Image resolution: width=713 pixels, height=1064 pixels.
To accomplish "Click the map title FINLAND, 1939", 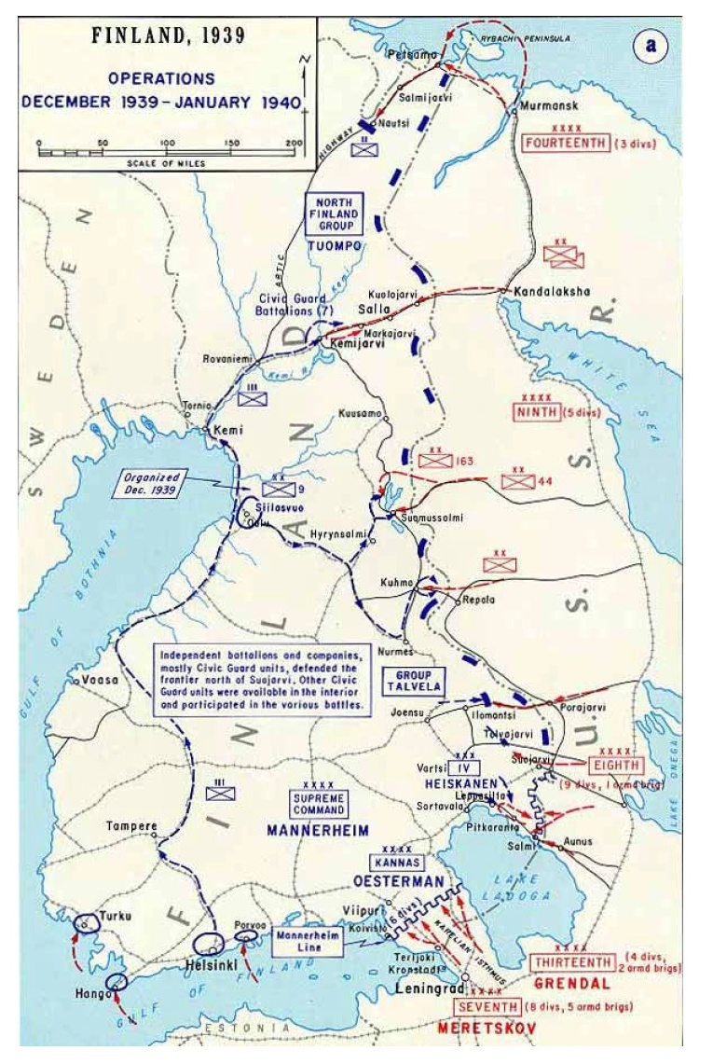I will pyautogui.click(x=168, y=37).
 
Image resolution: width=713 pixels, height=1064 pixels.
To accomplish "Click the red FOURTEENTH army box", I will pyautogui.click(x=567, y=144).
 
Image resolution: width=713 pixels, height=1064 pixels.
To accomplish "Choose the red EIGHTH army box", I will pyautogui.click(x=615, y=765).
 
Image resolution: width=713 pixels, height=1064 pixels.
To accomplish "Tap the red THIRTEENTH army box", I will pyautogui.click(x=573, y=962).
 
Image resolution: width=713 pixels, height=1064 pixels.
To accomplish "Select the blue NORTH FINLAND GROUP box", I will pyautogui.click(x=333, y=214).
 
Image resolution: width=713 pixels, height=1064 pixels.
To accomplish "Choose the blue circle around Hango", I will pyautogui.click(x=117, y=982).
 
